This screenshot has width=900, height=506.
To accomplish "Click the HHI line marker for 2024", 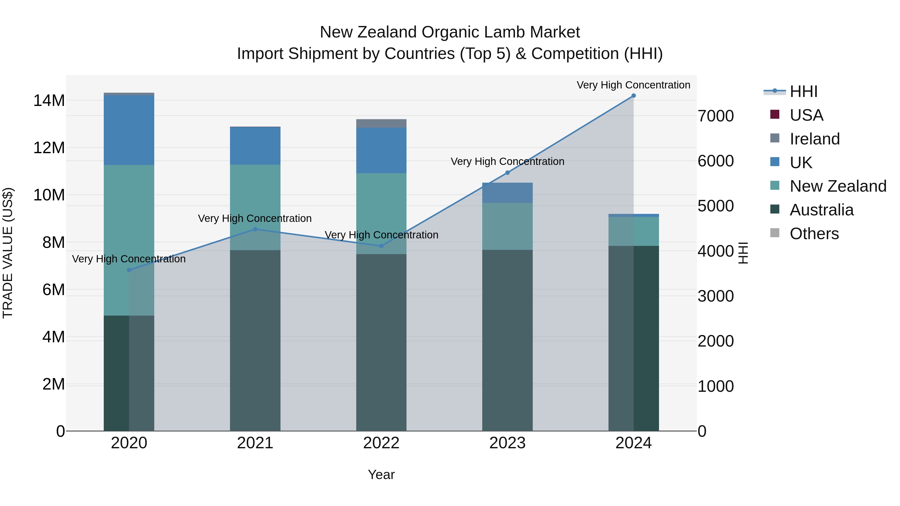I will [x=633, y=96].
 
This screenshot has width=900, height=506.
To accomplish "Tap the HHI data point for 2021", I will [x=255, y=229].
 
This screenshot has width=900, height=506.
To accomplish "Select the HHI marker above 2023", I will [x=507, y=172].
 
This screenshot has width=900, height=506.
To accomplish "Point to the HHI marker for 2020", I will [x=129, y=270].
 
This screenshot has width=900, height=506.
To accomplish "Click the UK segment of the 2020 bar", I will [x=129, y=130].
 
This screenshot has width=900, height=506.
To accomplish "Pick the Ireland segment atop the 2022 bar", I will [x=381, y=123].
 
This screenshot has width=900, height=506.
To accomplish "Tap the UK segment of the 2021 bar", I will [x=255, y=146].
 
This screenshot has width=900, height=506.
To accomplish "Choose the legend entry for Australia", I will [x=821, y=210].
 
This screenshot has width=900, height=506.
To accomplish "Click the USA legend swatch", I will [x=774, y=114].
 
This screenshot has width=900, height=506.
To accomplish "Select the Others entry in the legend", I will [x=814, y=234].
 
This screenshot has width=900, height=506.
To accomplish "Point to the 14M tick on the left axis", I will [x=49, y=100].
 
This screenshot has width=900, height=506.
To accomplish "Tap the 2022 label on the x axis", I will [x=381, y=443].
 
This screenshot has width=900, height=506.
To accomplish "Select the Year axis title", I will [x=381, y=475].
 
